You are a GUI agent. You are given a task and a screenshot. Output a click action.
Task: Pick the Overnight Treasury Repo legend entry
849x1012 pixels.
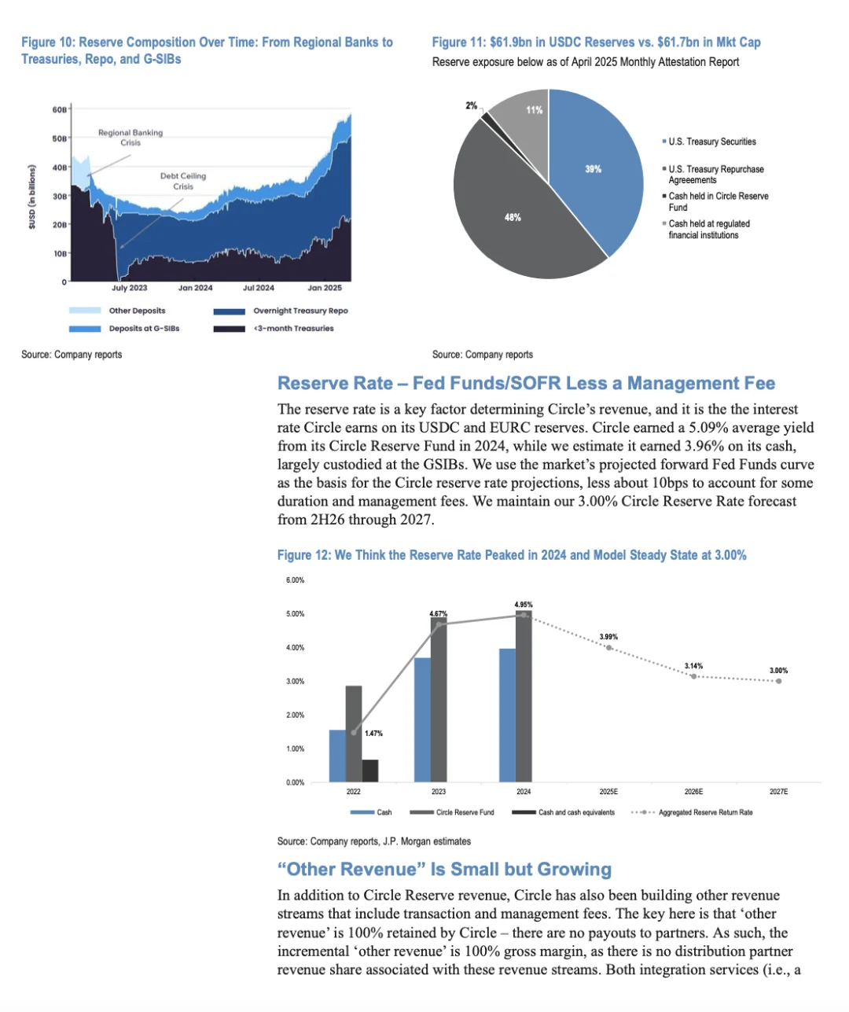coord(300,311)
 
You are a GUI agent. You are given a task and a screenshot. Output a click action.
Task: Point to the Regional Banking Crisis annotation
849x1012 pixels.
coord(130,138)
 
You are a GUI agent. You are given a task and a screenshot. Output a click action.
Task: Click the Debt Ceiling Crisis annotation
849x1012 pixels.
coord(183,181)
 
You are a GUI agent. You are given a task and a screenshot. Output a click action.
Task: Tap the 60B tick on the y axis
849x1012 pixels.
coord(60,109)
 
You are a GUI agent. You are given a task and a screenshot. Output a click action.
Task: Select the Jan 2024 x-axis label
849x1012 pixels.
coord(195,288)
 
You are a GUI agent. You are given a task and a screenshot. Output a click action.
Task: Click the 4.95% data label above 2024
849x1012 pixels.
coord(524,605)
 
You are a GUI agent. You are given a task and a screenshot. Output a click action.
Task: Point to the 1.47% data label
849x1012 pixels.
coord(373,733)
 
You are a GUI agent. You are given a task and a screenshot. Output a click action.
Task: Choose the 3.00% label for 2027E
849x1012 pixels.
coord(778,671)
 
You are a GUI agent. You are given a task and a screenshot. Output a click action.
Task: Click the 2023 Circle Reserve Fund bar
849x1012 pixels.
coord(439,700)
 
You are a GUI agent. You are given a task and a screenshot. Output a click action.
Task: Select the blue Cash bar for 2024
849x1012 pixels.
coord(508,716)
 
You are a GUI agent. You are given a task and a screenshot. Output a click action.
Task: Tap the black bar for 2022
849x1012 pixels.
coord(369,771)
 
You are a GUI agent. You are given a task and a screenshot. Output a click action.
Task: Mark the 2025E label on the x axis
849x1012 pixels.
coord(608,792)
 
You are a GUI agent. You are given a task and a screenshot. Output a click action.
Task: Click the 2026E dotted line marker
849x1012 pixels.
coord(693,676)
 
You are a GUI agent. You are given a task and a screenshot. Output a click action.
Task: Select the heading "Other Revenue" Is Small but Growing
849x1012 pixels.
coord(444,869)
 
